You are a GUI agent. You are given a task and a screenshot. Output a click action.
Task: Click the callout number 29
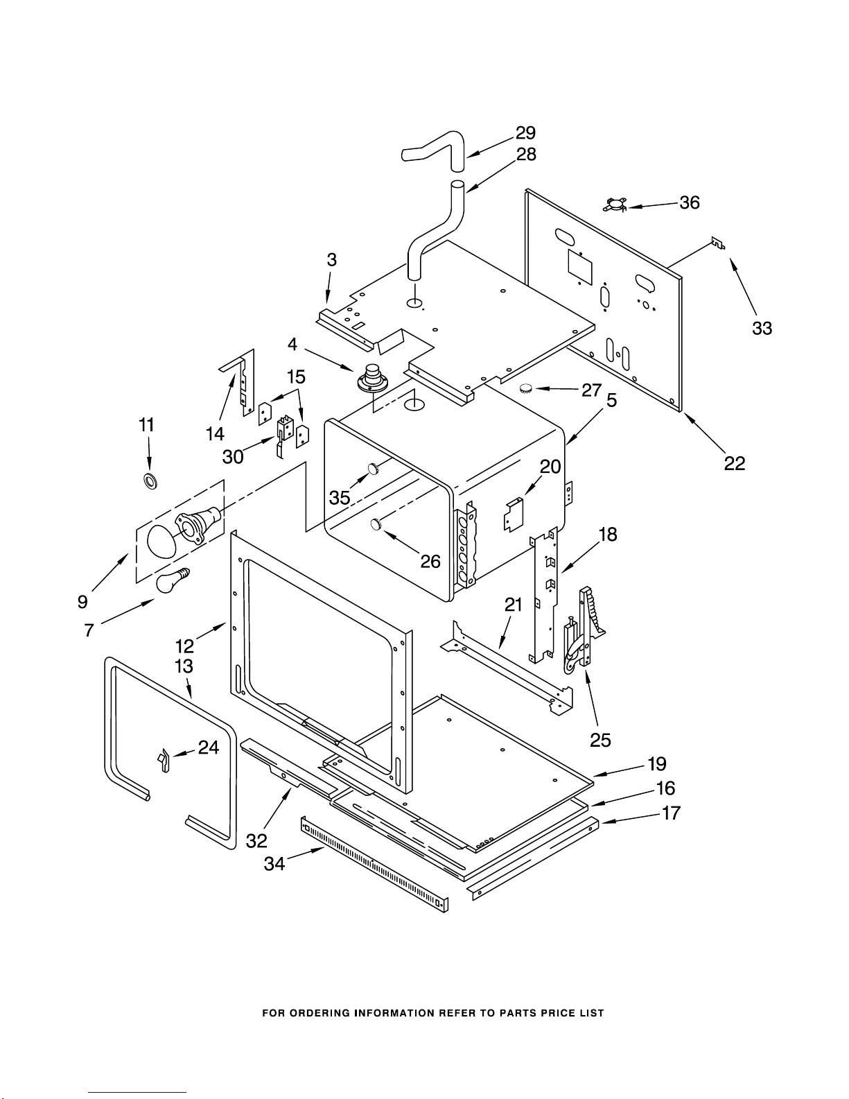coord(525,132)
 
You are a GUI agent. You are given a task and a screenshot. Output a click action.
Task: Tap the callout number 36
coord(689,202)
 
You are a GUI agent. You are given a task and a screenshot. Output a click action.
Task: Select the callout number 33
coord(762,328)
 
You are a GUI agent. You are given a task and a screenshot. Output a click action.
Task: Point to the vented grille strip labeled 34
coord(374,864)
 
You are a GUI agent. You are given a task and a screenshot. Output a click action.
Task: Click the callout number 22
coord(734,462)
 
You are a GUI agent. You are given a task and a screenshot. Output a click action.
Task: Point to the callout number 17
coord(671,813)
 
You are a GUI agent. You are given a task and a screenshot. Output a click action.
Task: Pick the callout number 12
coord(184,646)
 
